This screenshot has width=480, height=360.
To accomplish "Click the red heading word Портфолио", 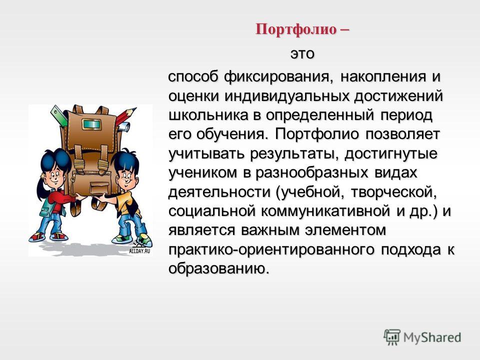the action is pyautogui.click(x=295, y=29).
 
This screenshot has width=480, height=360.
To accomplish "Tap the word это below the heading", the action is pyautogui.click(x=302, y=54).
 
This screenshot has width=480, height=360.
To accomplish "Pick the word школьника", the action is pyautogui.click(x=208, y=115).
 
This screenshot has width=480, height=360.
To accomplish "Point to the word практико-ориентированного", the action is pyautogui.click(x=271, y=250).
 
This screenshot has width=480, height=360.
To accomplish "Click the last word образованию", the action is pyautogui.click(x=219, y=269).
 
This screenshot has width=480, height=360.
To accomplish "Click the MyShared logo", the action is pyautogui.click(x=422, y=337).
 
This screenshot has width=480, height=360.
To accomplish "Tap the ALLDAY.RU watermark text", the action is pyautogui.click(x=139, y=251).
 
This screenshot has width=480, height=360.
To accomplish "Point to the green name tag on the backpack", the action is pyautogui.click(x=92, y=124).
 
